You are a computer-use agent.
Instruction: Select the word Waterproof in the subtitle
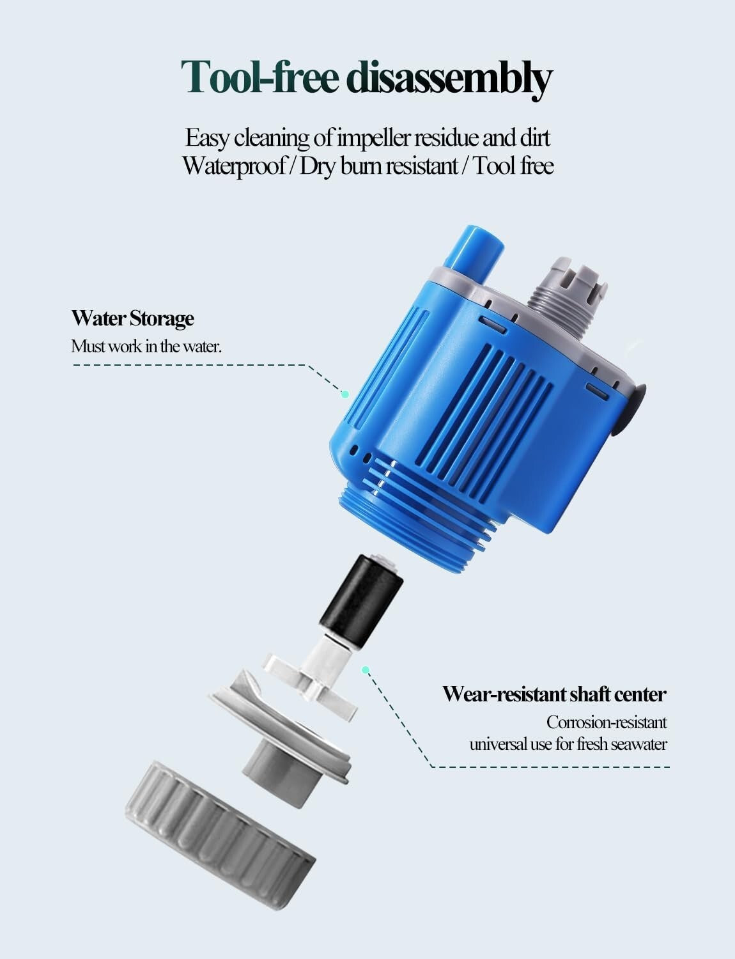click(x=233, y=166)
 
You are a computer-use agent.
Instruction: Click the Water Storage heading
click(x=132, y=318)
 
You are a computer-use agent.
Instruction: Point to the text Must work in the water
click(x=146, y=347)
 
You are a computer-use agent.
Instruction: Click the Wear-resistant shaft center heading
click(x=554, y=694)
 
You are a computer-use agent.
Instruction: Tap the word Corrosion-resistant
click(x=606, y=722)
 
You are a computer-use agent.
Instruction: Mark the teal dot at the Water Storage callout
click(x=345, y=394)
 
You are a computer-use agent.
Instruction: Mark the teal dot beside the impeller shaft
click(x=366, y=670)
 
